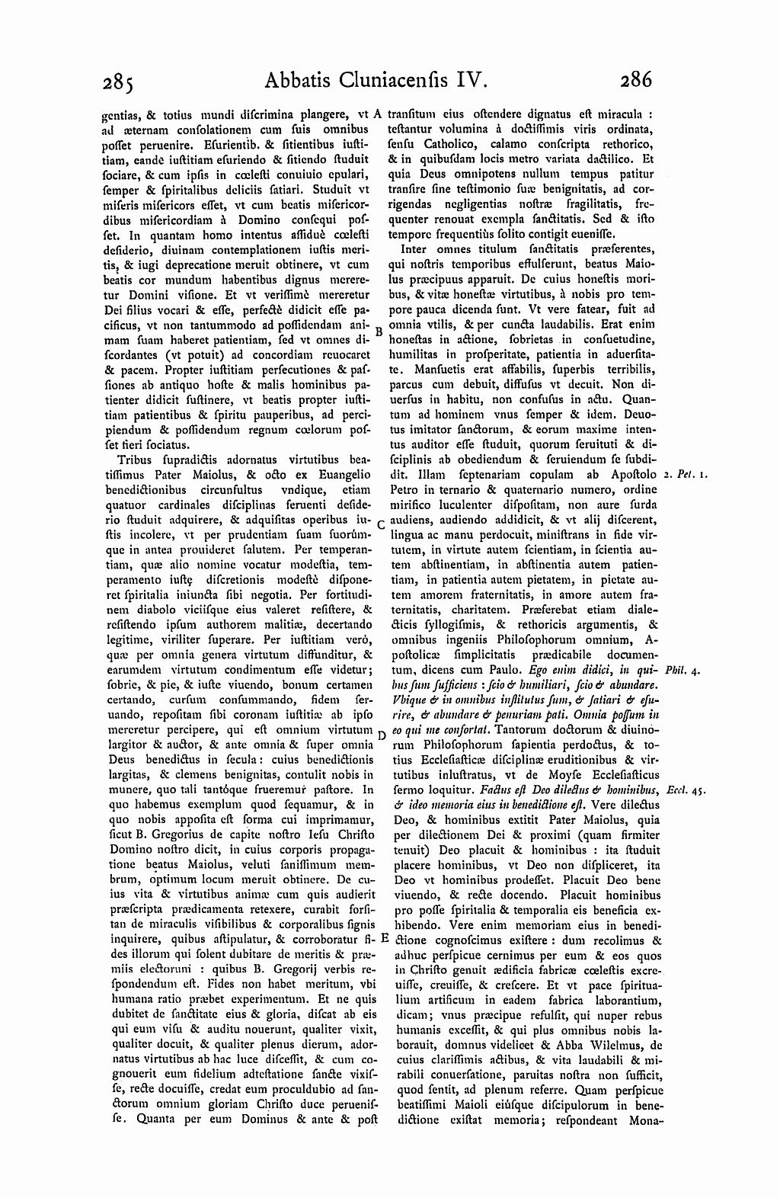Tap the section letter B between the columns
[378, 331]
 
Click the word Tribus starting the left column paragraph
[134, 460]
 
